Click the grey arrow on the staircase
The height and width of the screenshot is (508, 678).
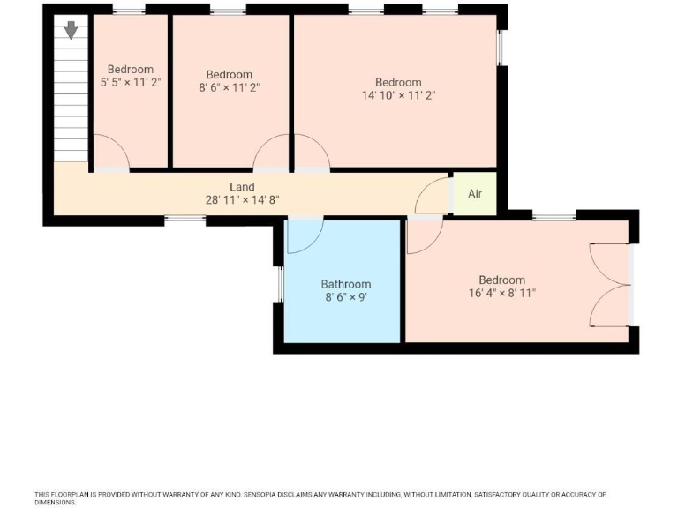tap(71, 30)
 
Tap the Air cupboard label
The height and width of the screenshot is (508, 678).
tap(475, 194)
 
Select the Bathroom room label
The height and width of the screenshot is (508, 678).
tap(345, 284)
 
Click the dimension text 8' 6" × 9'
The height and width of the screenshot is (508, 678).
tap(345, 298)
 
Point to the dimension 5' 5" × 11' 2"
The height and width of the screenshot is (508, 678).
tap(131, 83)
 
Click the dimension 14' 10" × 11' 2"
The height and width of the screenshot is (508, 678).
tap(398, 96)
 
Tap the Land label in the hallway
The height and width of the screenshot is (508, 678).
tap(242, 187)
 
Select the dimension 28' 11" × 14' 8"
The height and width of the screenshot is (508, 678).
tap(242, 200)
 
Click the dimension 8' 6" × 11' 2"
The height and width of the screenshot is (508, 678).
tap(230, 88)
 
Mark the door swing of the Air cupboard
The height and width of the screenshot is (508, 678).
tap(433, 196)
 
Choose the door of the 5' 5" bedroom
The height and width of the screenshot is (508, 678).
tap(112, 152)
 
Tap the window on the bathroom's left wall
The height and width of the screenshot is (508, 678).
tap(279, 284)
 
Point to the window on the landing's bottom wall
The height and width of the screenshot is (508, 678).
tap(185, 218)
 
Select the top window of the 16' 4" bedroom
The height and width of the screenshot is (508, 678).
tap(554, 215)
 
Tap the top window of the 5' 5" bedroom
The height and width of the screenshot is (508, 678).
tap(129, 10)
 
